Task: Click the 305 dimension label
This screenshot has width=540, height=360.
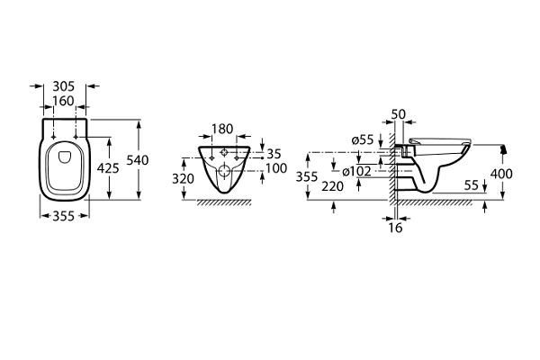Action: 64,87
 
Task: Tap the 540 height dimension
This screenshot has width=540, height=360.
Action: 137,159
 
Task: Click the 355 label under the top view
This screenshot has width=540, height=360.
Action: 64,216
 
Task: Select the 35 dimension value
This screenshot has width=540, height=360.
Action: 274,154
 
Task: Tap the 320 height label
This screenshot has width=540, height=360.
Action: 184,178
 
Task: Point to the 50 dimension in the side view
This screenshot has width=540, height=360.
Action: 400,115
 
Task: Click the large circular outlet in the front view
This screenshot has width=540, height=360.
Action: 223,172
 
